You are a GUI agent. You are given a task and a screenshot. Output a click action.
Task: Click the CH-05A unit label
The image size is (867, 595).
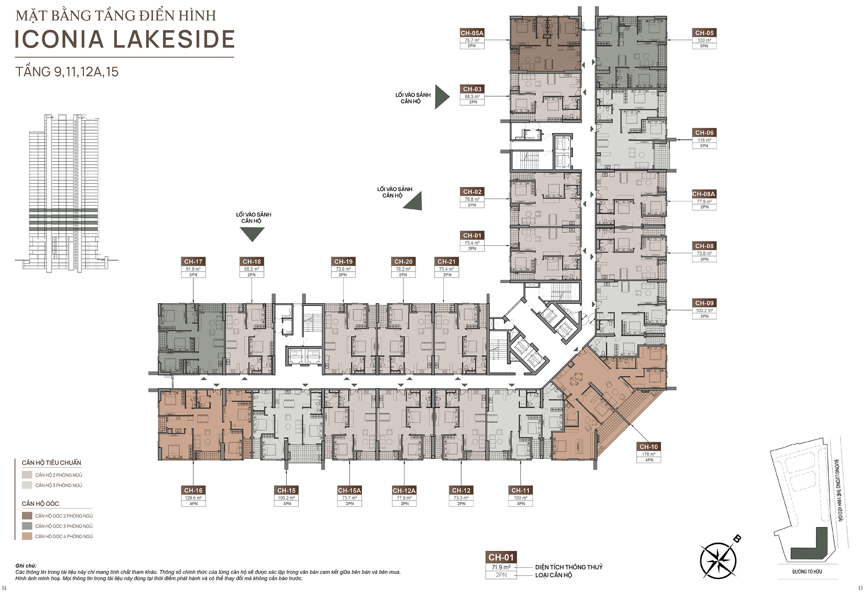[472, 33]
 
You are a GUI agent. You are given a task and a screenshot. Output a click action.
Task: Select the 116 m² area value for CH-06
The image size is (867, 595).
[704, 140]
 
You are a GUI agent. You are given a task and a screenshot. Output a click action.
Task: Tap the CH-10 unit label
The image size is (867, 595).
[649, 447]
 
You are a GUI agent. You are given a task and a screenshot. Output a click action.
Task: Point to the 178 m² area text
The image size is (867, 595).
[649, 454]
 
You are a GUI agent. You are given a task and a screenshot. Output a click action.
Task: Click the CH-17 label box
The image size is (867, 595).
[193, 262]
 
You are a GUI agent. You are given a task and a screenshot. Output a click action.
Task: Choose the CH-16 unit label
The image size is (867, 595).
[193, 491]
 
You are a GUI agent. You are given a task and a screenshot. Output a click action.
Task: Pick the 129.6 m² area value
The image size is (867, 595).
[193, 498]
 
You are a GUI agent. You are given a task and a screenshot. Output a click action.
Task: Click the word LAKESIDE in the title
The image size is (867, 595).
[173, 39]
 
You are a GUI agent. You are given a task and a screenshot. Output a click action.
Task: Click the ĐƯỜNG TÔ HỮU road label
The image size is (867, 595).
[807, 572]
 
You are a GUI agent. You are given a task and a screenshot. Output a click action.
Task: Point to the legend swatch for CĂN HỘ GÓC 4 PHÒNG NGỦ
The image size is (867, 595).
[27, 536]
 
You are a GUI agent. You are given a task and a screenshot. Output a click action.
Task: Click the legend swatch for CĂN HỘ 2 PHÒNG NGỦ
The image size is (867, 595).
[27, 475]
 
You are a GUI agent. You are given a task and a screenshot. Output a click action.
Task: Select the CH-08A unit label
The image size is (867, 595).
[704, 194]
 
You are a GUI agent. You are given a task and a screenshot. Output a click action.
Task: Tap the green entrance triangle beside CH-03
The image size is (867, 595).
[442, 97]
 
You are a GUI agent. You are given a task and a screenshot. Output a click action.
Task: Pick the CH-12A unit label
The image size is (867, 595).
[404, 491]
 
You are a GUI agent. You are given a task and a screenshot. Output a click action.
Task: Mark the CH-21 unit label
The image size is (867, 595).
[447, 262]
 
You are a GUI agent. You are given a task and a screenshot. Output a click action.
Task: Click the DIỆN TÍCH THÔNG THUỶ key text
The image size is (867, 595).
[569, 567]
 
